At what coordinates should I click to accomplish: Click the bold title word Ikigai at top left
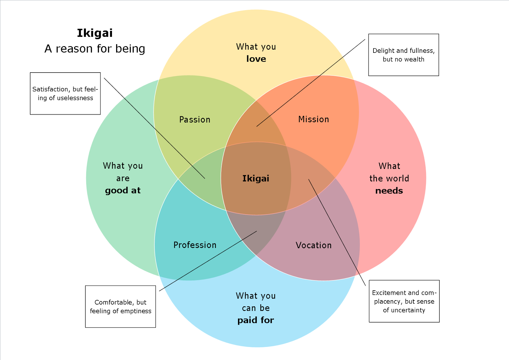tap(95, 33)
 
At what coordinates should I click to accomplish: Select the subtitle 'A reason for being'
tap(95, 49)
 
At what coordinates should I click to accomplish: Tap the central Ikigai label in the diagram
tap(256, 178)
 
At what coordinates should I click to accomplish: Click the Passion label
tap(195, 120)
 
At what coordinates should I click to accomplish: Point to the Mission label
tap(314, 119)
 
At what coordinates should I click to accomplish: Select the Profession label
tap(195, 245)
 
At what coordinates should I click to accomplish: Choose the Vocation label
tap(314, 245)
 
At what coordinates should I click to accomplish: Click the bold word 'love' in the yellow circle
tap(256, 59)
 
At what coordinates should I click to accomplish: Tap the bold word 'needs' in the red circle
tap(389, 191)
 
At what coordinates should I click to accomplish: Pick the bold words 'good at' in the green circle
tap(123, 190)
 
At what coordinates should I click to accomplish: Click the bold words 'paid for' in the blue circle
tap(256, 320)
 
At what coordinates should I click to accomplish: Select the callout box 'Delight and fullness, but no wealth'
tap(403, 55)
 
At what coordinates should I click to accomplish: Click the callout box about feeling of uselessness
tap(65, 94)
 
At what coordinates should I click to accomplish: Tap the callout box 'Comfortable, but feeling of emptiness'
tap(121, 307)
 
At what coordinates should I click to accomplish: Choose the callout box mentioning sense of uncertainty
tap(404, 301)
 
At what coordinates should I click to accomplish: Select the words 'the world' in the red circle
tap(389, 179)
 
